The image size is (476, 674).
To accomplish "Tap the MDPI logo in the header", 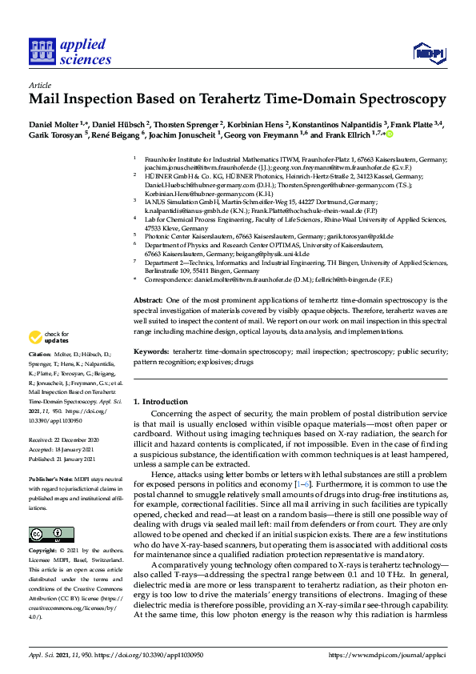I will point(429,52).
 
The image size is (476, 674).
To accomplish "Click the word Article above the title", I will point(39,84).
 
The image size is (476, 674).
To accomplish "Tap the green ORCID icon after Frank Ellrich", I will point(390,135).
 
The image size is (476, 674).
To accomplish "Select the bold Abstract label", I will point(148,299).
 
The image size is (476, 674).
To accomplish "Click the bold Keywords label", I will point(150,351).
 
